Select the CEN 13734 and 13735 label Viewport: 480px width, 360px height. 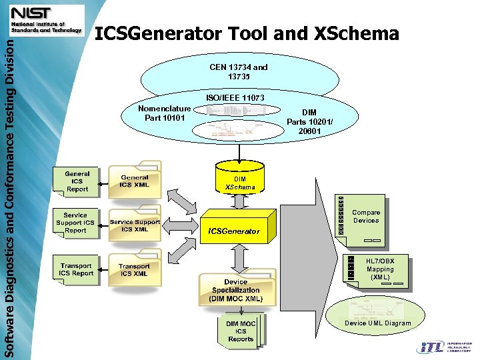click(238, 72)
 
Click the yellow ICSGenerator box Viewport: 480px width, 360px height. click(236, 230)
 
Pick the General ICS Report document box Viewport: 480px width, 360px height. click(77, 182)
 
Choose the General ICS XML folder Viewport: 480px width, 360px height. click(135, 181)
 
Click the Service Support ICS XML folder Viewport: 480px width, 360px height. click(135, 225)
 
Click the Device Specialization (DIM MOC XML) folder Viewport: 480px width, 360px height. click(235, 290)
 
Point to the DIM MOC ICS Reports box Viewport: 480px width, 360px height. click(241, 331)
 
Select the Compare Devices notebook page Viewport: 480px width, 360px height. click(365, 217)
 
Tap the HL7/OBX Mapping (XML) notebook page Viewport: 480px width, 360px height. click(379, 269)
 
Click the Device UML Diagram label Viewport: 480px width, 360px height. click(377, 323)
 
